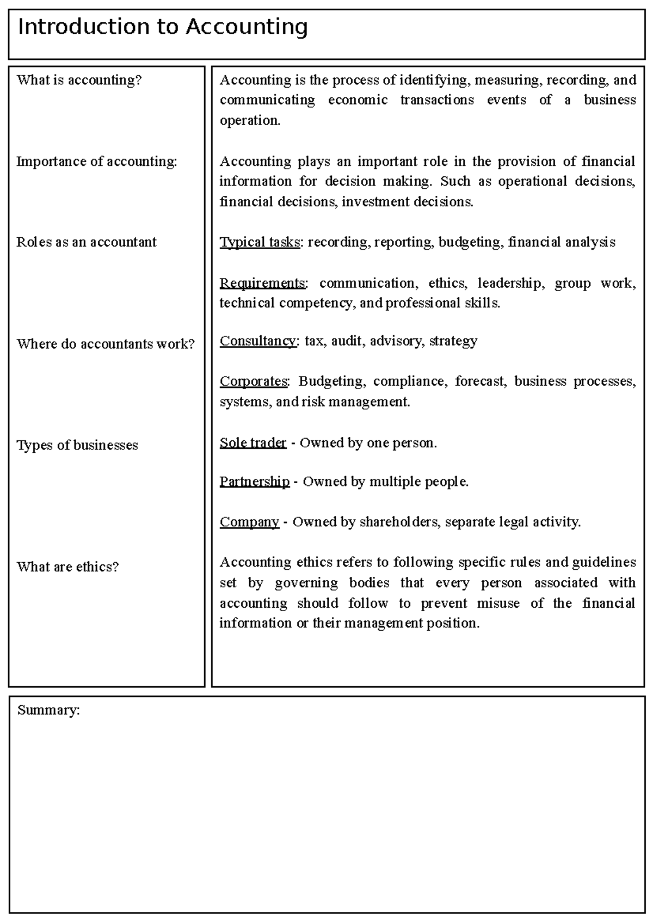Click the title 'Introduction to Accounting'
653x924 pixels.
click(163, 27)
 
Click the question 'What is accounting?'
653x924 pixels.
click(79, 80)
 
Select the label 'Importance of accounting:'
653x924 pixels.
click(97, 162)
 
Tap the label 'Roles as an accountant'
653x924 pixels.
click(86, 242)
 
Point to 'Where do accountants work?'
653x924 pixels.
click(105, 344)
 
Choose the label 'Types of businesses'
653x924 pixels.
click(77, 445)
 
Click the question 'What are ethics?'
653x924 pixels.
click(67, 567)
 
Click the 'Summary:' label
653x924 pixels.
click(48, 710)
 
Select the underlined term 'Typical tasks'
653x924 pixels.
click(260, 242)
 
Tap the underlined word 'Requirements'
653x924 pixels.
click(262, 284)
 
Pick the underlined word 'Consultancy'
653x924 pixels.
click(258, 341)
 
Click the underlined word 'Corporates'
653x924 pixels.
click(253, 381)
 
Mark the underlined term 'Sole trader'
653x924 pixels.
click(252, 443)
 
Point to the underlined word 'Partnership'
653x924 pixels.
click(254, 482)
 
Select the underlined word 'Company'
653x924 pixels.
click(249, 522)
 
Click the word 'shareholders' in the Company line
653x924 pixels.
click(399, 522)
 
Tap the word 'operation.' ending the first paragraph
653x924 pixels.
click(250, 121)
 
